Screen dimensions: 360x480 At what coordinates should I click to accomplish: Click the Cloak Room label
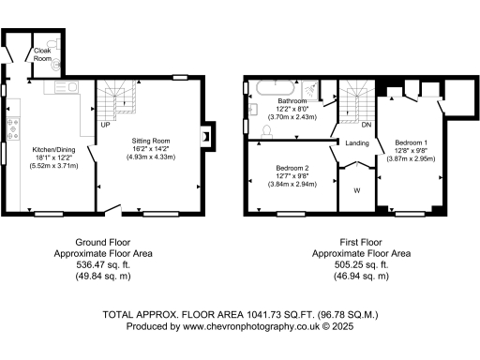click(43, 54)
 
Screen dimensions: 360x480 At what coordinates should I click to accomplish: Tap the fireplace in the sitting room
click(205, 135)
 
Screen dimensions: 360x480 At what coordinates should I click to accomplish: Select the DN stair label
click(367, 124)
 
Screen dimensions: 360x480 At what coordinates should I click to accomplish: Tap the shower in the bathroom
click(322, 90)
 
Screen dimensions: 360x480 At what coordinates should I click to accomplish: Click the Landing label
click(356, 143)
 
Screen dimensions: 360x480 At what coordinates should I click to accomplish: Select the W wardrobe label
click(355, 191)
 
